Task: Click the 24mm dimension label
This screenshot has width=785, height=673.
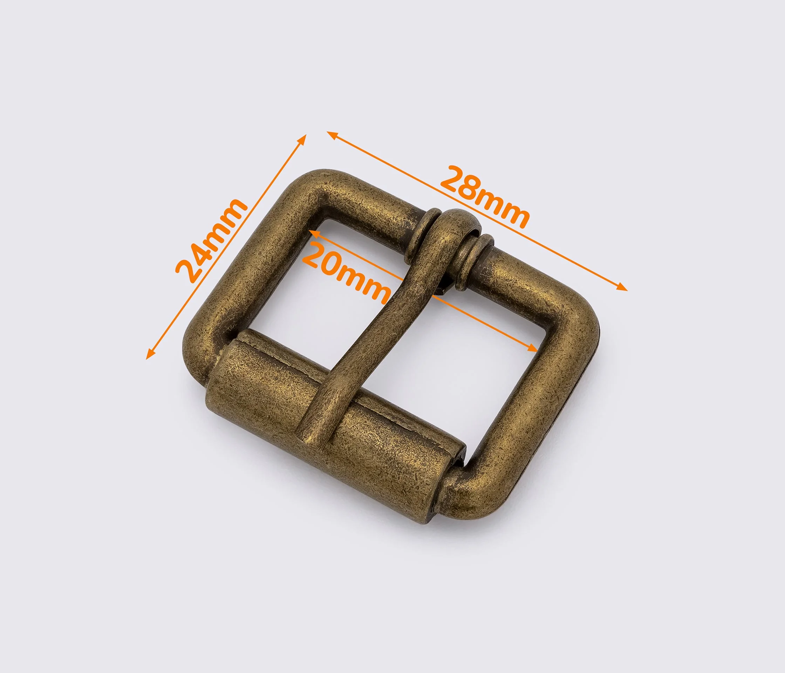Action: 211,241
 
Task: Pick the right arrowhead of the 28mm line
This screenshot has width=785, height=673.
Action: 622,287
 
